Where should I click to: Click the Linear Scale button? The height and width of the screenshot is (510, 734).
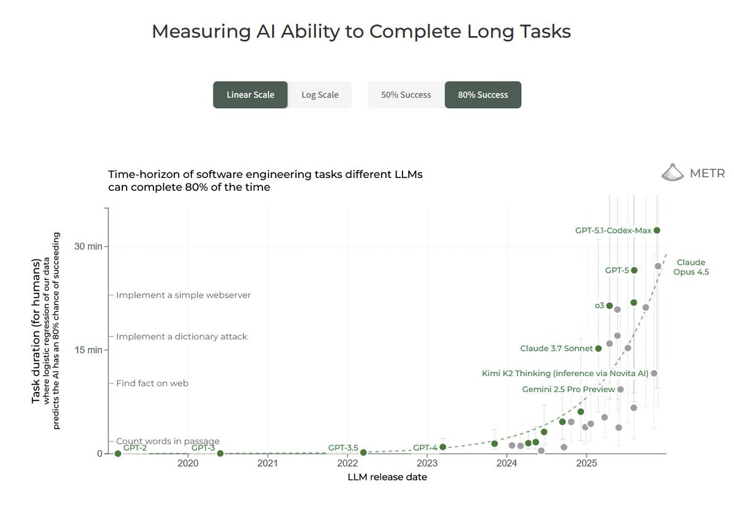tap(250, 95)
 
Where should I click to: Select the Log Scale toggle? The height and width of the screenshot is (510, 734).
tap(320, 95)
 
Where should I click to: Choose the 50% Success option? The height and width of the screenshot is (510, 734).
tap(406, 95)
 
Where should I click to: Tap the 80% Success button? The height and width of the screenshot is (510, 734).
tap(483, 95)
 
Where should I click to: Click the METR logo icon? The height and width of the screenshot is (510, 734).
tap(672, 172)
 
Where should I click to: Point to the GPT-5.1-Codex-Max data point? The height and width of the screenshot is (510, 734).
tap(657, 231)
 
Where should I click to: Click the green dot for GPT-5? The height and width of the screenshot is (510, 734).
tap(634, 270)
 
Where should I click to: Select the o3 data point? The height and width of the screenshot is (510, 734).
tap(609, 306)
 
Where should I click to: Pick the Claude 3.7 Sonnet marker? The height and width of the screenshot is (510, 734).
tap(598, 349)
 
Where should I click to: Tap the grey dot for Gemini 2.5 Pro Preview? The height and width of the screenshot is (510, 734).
tap(620, 390)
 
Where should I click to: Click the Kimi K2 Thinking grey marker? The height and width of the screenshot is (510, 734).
tap(654, 374)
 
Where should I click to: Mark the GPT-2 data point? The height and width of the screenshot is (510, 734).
tap(118, 454)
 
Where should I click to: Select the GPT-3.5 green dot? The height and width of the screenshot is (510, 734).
tap(363, 453)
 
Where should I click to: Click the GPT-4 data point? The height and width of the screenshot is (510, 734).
tap(443, 447)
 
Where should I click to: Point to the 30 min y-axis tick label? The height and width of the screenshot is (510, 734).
tap(88, 246)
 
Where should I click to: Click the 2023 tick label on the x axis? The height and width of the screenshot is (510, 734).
tap(427, 463)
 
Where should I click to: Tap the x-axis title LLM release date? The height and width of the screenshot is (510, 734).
tap(387, 477)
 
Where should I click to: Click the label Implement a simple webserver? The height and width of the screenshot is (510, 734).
tap(183, 295)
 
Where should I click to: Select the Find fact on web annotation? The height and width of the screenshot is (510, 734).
tap(152, 383)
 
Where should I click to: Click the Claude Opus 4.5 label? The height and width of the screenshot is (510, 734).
tap(691, 267)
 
